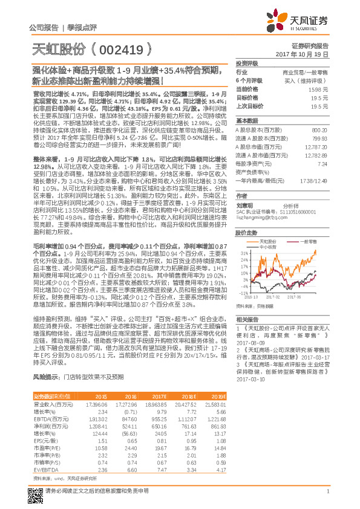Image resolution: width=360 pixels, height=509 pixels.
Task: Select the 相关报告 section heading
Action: click(247, 319)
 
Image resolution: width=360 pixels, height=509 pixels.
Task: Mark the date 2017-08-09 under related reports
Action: click(247, 341)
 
